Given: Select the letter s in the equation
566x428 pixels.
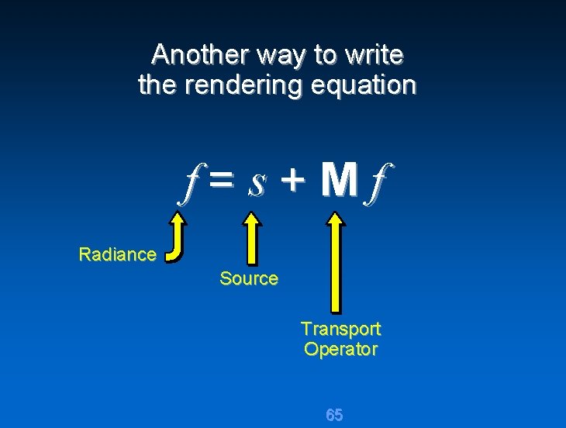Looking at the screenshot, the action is coord(257,184).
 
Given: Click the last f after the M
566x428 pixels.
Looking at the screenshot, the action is coord(378,185).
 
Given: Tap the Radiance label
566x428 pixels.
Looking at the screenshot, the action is coord(118,254).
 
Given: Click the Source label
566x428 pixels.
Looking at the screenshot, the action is coord(248,278).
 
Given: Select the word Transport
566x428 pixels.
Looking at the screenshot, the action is coord(340,329).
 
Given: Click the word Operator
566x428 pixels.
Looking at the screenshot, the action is coord(340,350).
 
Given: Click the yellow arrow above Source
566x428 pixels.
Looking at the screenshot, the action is coord(251,240).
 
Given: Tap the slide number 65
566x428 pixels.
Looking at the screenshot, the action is coord(334,415).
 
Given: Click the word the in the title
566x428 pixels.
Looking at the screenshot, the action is coord(157,85).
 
